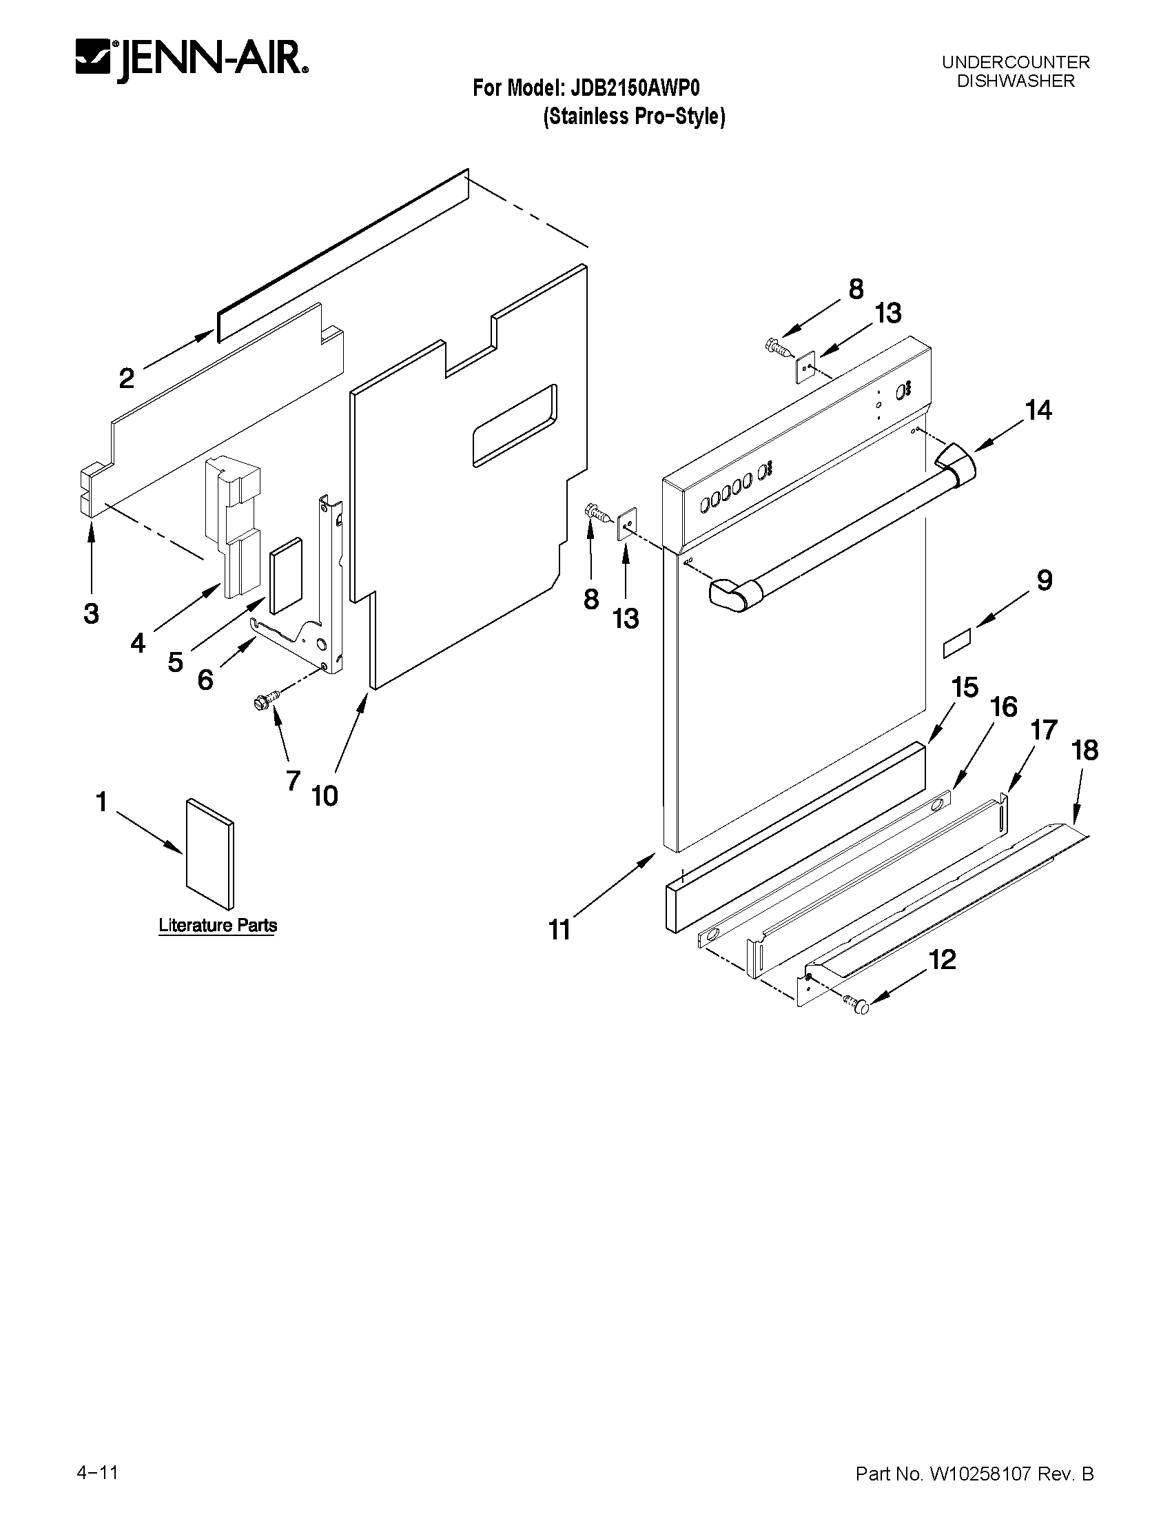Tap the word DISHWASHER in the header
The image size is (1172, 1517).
(x=1015, y=81)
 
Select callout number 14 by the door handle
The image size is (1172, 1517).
(x=1038, y=411)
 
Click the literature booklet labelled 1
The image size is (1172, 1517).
(x=209, y=854)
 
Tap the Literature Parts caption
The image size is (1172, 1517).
(x=217, y=926)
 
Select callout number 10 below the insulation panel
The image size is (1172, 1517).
(x=325, y=796)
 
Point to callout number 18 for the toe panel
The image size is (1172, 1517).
(x=1085, y=750)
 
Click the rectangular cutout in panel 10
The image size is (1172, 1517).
(x=514, y=425)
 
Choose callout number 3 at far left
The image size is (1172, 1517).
(x=91, y=614)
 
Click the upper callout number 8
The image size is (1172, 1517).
(x=855, y=289)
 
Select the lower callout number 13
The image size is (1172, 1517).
(x=626, y=618)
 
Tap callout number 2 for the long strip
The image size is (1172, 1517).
(x=126, y=378)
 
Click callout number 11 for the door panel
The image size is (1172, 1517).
(x=559, y=929)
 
